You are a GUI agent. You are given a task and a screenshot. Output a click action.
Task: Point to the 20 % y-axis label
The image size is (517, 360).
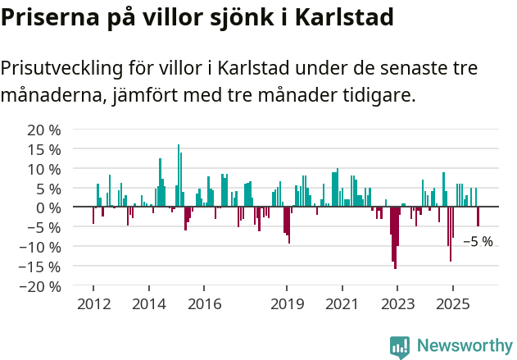45,130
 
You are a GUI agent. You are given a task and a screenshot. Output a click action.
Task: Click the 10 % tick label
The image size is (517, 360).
45,169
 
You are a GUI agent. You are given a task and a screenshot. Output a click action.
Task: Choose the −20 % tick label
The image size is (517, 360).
42,286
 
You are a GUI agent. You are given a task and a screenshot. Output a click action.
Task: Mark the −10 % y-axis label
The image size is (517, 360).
42,247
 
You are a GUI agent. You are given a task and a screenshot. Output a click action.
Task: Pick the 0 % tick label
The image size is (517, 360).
49,208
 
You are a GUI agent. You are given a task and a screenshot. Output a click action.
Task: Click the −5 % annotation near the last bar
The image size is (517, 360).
478,242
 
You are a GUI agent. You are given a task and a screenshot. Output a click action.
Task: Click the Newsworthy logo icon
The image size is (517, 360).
400,346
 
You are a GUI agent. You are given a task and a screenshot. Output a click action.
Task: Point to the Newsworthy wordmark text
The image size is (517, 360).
464,346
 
